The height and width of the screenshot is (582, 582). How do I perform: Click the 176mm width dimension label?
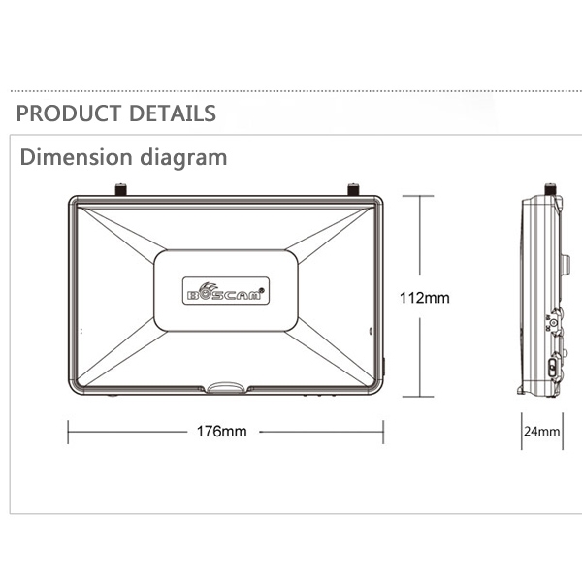(x=221, y=432)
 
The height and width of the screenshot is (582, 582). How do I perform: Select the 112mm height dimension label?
(x=424, y=298)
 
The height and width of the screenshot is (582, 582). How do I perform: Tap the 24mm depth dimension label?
(x=542, y=431)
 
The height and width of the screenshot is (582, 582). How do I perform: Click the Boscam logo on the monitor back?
(x=226, y=291)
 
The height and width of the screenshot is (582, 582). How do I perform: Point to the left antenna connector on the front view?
(x=120, y=189)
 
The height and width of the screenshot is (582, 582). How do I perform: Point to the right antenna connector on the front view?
(x=353, y=189)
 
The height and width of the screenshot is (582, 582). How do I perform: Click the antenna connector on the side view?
(x=550, y=189)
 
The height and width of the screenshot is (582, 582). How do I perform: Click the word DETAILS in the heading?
(x=173, y=113)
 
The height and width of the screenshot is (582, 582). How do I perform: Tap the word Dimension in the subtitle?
(x=76, y=157)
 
